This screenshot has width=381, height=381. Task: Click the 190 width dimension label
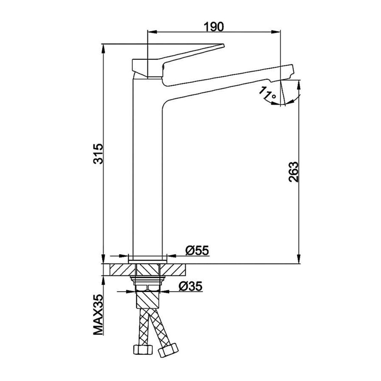coord(214,27)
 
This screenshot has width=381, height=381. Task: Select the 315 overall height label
coord(99,154)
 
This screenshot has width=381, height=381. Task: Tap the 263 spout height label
coord(293,172)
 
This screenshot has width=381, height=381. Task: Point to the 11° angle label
coord(267,94)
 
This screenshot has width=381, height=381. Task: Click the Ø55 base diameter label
coord(197,251)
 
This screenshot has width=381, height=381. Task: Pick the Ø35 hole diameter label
coord(190,286)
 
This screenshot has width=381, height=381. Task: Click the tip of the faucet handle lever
coord(223,45)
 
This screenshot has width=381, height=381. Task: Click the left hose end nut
coord(142,349)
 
